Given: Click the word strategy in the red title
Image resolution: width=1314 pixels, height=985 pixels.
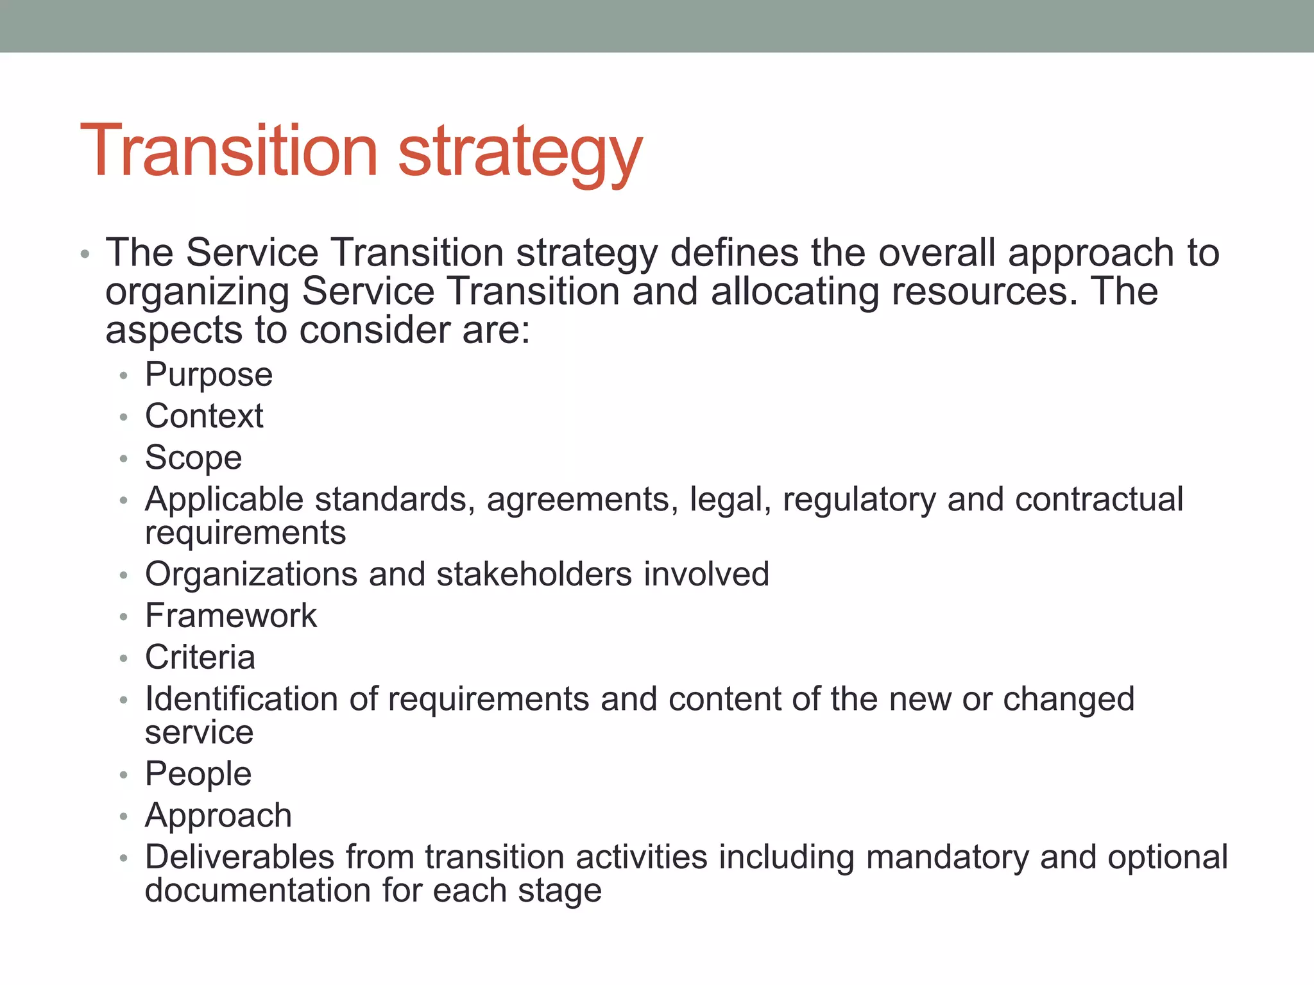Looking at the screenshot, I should pyautogui.click(x=520, y=154).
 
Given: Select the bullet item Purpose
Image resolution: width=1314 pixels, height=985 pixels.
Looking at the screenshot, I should pyautogui.click(x=209, y=375).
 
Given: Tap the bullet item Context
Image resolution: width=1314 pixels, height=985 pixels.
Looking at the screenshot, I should pyautogui.click(x=204, y=416).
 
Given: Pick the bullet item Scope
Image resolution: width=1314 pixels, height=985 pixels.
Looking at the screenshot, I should pyautogui.click(x=193, y=458).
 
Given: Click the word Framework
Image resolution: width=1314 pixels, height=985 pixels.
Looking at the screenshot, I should pyautogui.click(x=231, y=616).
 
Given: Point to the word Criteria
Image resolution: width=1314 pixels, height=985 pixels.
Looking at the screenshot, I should pyautogui.click(x=200, y=657).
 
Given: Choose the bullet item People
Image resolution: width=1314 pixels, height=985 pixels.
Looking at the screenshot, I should pyautogui.click(x=198, y=774).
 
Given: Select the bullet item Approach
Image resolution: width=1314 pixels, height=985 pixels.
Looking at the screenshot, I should pyautogui.click(x=218, y=816).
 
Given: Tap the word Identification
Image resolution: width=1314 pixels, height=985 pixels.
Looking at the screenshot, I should pyautogui.click(x=241, y=699).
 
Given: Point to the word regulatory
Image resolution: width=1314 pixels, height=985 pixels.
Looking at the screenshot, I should pyautogui.click(x=859, y=500).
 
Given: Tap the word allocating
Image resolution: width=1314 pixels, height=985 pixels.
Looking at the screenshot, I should pyautogui.click(x=794, y=292).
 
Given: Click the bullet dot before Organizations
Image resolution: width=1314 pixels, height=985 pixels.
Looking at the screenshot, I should pyautogui.click(x=124, y=575).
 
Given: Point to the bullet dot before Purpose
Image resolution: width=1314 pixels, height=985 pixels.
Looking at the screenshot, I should pyautogui.click(x=124, y=376).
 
